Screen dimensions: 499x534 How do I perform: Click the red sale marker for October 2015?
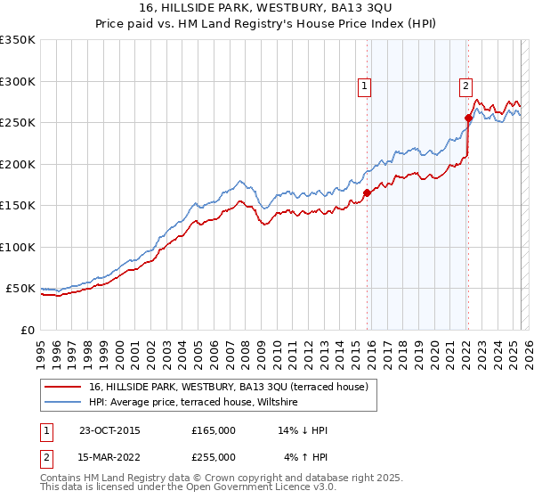[x=367, y=192]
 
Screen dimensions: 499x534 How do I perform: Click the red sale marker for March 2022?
[x=468, y=117]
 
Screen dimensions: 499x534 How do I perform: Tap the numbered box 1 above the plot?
[x=365, y=86]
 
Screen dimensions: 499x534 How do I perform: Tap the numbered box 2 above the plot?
[x=465, y=86]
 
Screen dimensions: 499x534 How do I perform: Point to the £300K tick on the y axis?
[x=18, y=81]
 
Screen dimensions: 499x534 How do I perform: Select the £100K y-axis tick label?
[x=18, y=247]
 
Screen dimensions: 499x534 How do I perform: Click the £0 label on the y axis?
[x=27, y=330]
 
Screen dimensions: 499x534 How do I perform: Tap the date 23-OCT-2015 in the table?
[x=109, y=430]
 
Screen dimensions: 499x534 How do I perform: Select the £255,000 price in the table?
[x=214, y=457]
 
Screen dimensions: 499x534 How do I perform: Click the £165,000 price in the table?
[x=214, y=430]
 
